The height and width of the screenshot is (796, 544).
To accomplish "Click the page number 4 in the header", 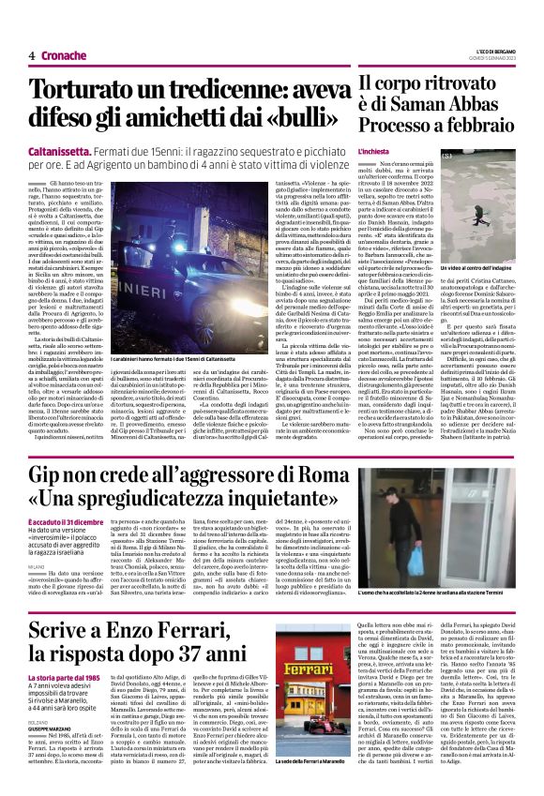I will coord(31,56).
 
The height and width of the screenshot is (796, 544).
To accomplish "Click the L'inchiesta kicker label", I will coord(376,151).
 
